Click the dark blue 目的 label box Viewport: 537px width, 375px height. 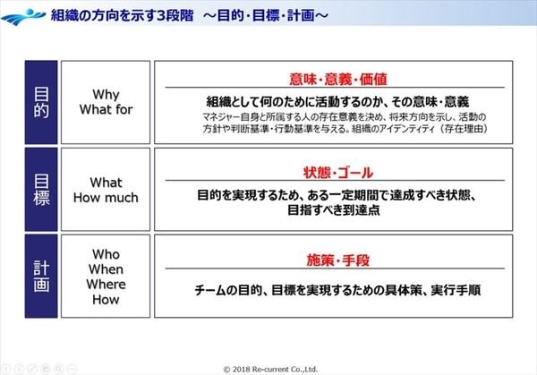pos(41,101)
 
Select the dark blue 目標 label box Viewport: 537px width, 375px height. pos(41,188)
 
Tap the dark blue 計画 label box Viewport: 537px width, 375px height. pos(41,275)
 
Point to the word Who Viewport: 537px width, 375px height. pos(106,255)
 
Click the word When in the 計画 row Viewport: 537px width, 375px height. pos(106,270)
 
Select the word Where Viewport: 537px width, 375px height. pos(106,286)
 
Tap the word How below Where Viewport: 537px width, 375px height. pos(106,301)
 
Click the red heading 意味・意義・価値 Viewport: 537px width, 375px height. pos(332,78)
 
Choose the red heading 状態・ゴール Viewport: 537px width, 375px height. pos(332,172)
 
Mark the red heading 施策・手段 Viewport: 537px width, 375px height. pos(332,260)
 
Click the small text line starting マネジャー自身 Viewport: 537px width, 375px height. pos(332,117)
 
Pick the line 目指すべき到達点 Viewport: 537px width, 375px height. pos(332,210)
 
